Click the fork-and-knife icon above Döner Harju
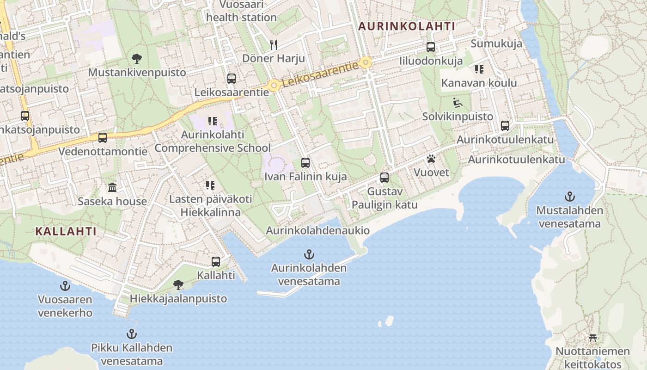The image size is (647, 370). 274,44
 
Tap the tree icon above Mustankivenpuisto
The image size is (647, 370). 136,59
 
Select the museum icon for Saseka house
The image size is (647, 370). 112,187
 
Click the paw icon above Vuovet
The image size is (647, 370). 431,159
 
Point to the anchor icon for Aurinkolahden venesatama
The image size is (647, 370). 309,254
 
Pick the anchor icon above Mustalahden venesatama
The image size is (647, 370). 569,196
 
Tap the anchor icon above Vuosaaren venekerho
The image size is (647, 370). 65,285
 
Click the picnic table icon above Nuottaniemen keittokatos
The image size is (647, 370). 592,338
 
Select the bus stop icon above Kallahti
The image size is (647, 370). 216,261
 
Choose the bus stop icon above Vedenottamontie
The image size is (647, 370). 103,137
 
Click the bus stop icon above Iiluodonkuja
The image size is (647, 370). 431,47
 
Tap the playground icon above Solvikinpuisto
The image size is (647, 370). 458,103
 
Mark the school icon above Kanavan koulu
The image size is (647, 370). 479,69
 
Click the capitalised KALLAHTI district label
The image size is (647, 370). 66,231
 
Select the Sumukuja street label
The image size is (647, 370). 496,44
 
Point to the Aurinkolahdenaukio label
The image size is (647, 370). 317,230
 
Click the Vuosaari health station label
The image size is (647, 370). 241,11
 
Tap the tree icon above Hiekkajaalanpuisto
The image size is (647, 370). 178,284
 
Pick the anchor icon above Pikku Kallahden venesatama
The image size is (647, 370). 132,333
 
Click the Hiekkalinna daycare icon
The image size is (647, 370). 210,185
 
